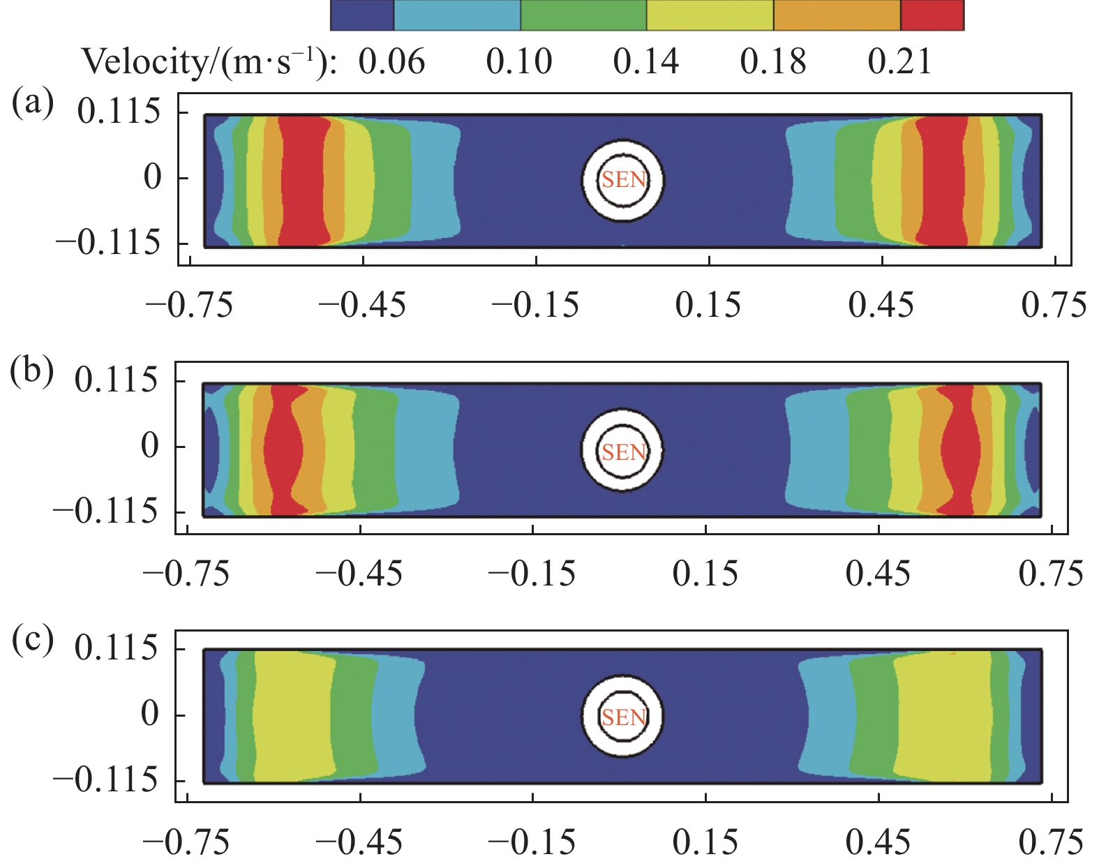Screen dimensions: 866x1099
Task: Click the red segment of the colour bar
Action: click(x=932, y=15)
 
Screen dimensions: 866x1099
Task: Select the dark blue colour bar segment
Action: click(x=361, y=15)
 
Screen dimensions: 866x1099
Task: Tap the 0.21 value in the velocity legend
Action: click(x=899, y=62)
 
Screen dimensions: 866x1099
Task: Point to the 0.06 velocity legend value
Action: click(x=391, y=62)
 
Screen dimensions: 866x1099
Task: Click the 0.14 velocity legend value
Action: click(x=645, y=62)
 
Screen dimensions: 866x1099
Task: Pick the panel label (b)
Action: click(x=31, y=371)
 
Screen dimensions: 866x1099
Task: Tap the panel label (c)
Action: click(x=32, y=639)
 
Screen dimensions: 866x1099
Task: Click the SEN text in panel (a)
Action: click(x=624, y=180)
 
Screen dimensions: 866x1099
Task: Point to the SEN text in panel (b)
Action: click(x=624, y=452)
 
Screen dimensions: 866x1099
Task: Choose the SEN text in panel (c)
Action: click(x=624, y=717)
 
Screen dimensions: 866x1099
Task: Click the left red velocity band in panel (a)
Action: click(x=303, y=180)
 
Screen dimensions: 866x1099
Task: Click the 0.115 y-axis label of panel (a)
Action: click(x=119, y=112)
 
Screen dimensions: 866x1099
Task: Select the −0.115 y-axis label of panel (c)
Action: click(x=107, y=779)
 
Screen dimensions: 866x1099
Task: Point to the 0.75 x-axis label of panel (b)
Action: click(x=1051, y=574)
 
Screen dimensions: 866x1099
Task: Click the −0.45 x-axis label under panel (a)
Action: click(x=362, y=306)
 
